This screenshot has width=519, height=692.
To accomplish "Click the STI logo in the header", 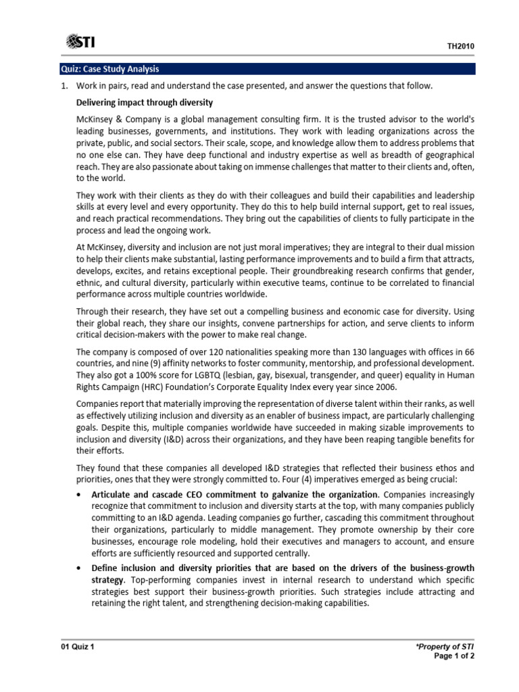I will point(80,43).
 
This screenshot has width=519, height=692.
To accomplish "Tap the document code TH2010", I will point(462,47).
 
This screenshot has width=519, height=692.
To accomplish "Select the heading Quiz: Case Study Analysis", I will point(108,69).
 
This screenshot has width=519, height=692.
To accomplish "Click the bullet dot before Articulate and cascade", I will point(81,495).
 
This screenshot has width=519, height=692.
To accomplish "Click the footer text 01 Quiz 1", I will point(76,647).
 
